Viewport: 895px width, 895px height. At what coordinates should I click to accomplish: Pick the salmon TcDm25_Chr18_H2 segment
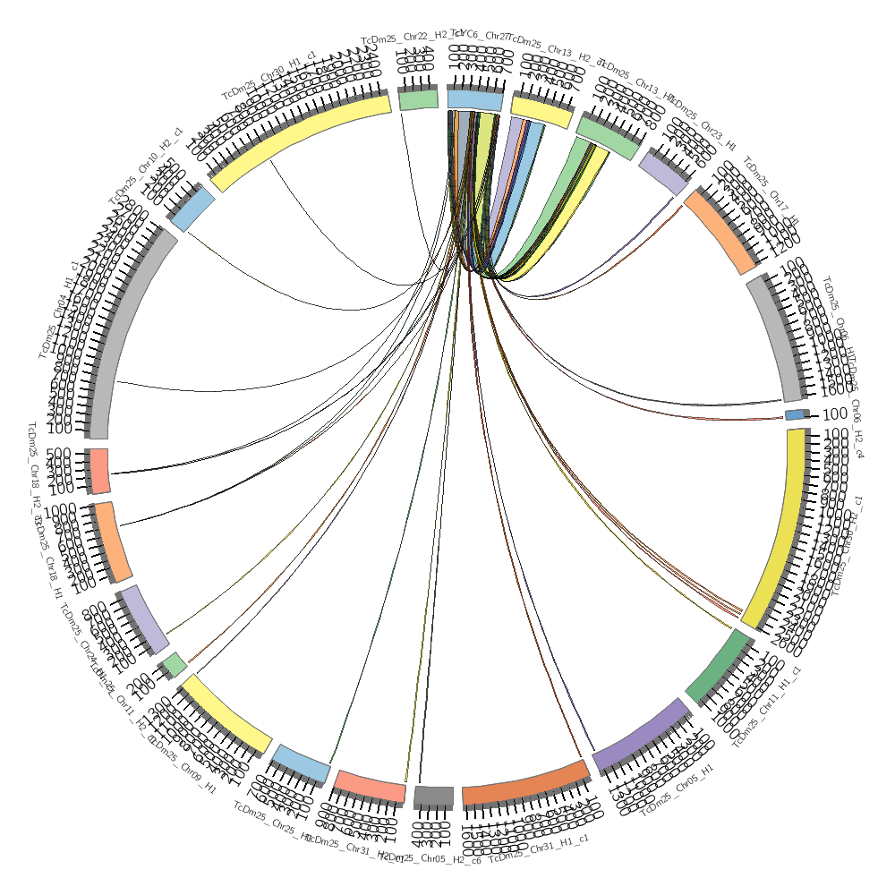[98, 470]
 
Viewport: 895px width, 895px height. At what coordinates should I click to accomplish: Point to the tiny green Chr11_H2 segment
[175, 664]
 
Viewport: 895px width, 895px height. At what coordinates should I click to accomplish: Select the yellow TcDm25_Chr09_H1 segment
[226, 714]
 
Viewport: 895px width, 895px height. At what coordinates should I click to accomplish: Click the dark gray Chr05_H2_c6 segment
[434, 796]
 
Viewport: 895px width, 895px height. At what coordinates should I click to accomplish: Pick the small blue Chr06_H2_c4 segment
[797, 414]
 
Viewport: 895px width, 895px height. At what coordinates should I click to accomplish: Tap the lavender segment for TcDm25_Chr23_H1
[662, 171]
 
